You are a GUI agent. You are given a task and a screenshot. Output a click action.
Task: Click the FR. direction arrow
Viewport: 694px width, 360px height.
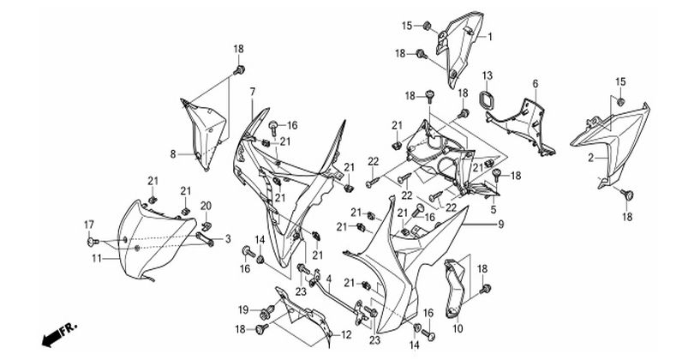point(58,335)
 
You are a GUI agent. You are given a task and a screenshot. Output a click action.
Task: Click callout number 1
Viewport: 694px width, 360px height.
point(490,37)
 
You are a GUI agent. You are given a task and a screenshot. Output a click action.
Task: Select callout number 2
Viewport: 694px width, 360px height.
point(591,158)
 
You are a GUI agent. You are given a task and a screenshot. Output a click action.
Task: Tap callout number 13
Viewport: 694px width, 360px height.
point(487,76)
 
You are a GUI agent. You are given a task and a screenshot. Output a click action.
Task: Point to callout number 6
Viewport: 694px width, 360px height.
point(535,83)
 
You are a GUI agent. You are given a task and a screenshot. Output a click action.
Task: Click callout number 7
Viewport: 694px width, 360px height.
point(252,92)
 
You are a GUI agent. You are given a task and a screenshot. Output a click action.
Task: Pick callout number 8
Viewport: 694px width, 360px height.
point(173,154)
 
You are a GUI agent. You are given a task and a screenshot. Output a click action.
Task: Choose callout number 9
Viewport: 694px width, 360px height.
point(500,225)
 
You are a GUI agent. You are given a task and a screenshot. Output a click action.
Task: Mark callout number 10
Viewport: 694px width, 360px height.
point(458,328)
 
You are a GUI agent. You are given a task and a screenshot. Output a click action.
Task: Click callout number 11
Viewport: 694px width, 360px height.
point(97,258)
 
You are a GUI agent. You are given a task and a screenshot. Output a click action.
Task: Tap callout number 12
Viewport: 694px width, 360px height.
point(345,335)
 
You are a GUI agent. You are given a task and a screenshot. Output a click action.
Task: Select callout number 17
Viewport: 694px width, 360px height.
point(89,225)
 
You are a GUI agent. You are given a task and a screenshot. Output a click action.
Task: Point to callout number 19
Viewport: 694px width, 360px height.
point(243,310)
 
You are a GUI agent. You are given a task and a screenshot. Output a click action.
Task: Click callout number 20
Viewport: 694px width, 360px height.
point(206,206)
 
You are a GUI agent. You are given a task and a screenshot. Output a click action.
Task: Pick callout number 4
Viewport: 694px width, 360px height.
point(328,279)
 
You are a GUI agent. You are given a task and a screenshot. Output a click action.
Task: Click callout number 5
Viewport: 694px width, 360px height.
point(494,209)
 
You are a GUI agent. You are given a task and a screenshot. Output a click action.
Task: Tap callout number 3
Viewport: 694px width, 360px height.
point(228,239)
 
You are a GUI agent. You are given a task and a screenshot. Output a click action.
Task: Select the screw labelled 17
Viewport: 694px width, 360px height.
point(93,242)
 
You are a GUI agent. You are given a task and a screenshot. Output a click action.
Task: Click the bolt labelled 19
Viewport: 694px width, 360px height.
point(266,312)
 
